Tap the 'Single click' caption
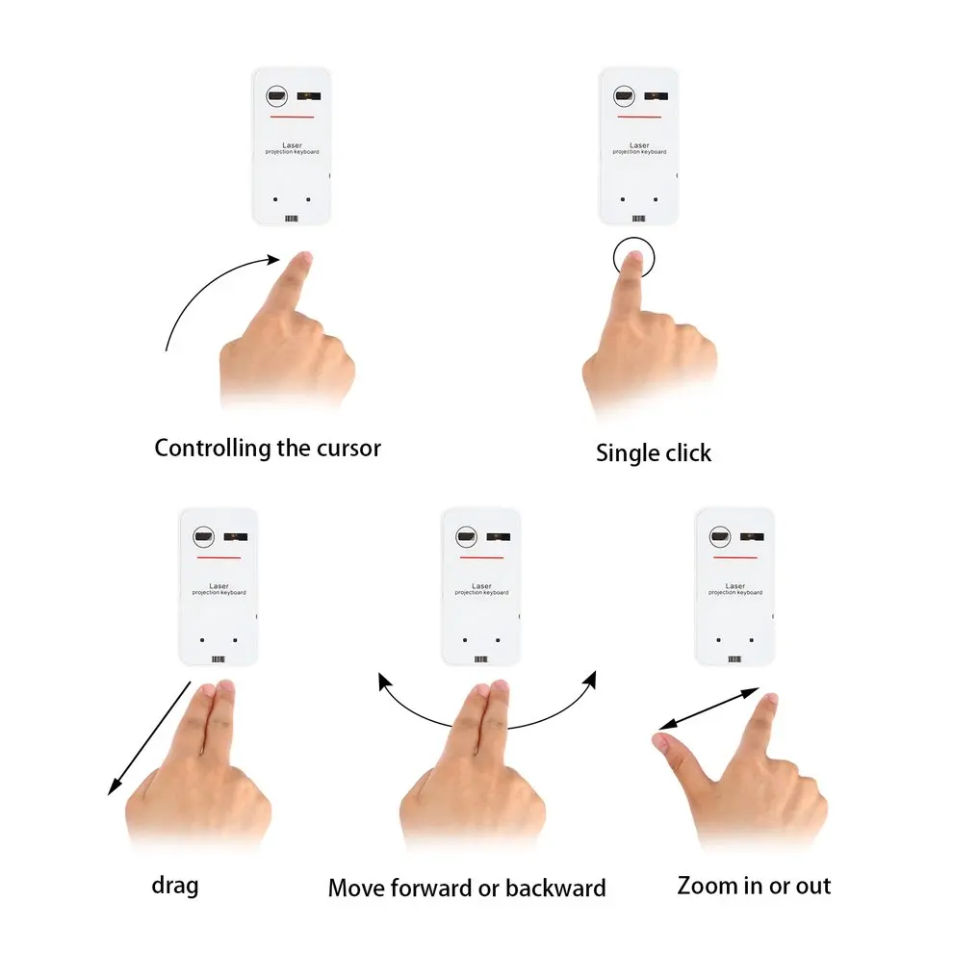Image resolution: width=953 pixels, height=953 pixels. point(654,452)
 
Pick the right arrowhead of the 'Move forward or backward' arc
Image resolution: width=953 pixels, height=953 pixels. point(588,681)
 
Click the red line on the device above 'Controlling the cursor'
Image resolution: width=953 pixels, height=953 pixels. point(292,117)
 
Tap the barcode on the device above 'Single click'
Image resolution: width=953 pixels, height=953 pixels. point(640,219)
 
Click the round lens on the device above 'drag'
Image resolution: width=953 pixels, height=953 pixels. point(203,537)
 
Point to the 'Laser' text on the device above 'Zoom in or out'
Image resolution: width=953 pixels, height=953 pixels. point(735,585)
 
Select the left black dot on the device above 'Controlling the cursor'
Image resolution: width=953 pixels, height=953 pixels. point(275,200)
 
